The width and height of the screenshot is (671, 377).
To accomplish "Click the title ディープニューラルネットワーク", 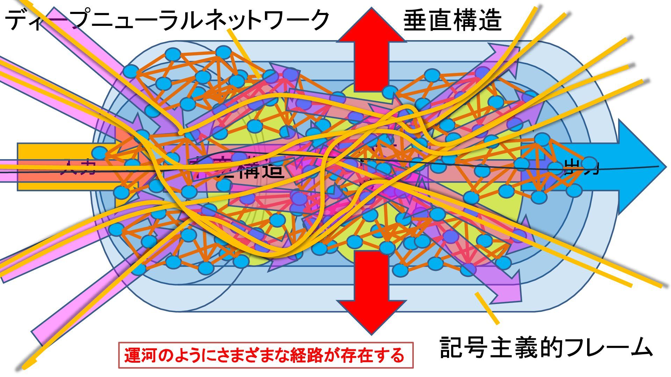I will (167, 20).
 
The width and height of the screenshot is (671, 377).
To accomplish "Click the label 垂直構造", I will (452, 20).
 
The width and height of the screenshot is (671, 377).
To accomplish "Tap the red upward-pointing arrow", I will (371, 45).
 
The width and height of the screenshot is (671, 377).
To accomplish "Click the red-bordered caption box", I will (266, 355).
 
